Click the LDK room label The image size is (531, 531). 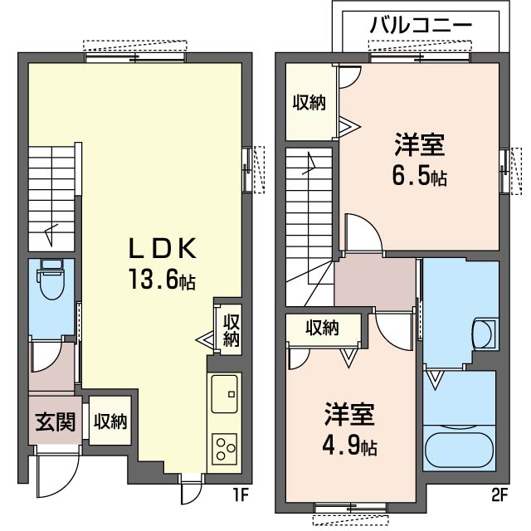click(x=163, y=249)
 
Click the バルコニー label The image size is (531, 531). click(x=421, y=25)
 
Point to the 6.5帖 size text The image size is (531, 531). click(x=419, y=177)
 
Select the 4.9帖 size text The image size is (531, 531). click(x=349, y=446)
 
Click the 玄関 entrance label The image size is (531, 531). click(x=55, y=422)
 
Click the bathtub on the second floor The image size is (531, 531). click(x=459, y=447)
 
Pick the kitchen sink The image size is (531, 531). click(x=224, y=394)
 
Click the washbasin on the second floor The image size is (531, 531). click(x=483, y=334)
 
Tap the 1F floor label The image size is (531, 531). click(x=241, y=495)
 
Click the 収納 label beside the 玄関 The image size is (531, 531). click(x=110, y=421)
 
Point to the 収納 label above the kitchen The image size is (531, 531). click(x=231, y=330)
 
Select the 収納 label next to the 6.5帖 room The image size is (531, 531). click(x=309, y=102)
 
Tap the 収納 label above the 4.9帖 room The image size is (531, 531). click(x=323, y=328)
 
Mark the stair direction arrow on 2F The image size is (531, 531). click(x=309, y=163)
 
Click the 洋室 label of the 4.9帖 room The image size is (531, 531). click(x=349, y=414)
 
